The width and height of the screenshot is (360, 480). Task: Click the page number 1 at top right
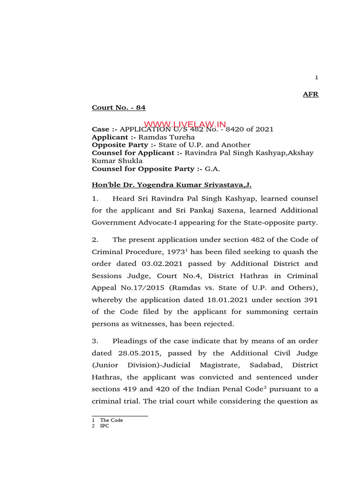coord(316,78)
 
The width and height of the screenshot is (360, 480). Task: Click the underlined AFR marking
coord(310,94)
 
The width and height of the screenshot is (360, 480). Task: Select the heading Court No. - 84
coord(119,108)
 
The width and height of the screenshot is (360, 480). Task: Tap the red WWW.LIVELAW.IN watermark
coord(185,124)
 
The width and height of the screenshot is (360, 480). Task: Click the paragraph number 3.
coord(94,341)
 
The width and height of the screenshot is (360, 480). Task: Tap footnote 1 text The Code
coord(111,420)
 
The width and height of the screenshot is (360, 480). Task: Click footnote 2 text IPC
coord(104,426)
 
